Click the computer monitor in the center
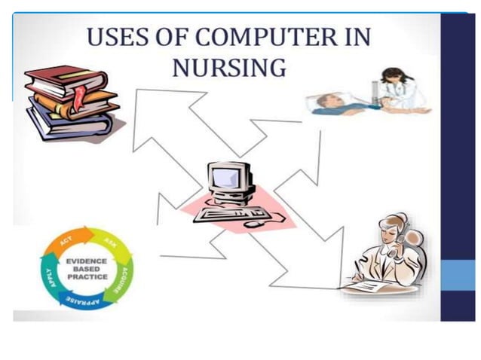(230, 179)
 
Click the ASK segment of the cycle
(110, 243)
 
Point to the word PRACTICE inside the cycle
(87, 276)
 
